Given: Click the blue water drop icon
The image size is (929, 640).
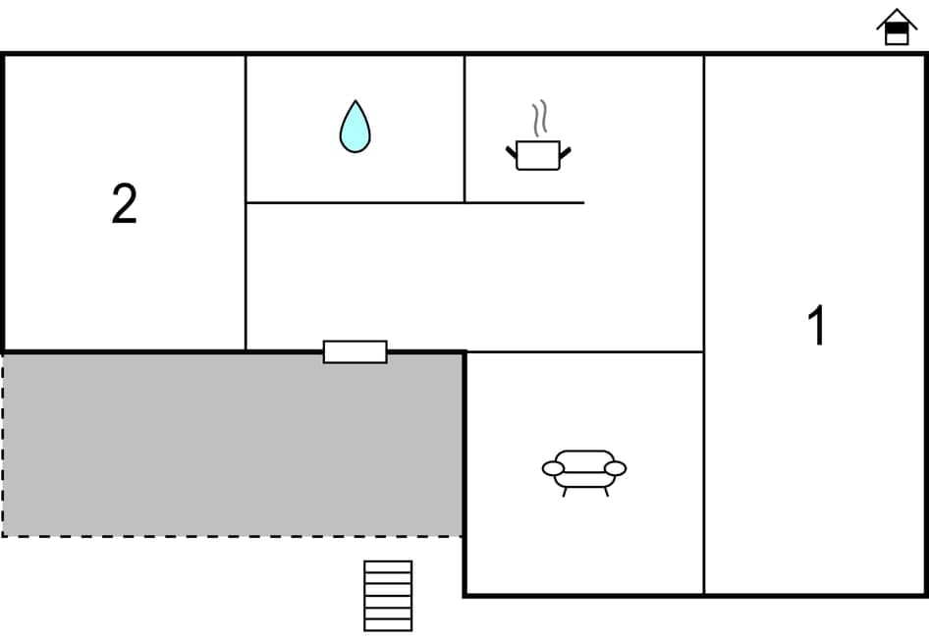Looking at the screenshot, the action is click(355, 129).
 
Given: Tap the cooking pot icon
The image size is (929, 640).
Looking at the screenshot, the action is click(538, 155).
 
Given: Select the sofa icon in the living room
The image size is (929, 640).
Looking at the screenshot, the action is click(584, 470).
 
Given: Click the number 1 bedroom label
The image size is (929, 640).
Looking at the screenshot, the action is click(816, 326).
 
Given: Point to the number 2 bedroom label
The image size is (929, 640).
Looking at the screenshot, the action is click(124, 205).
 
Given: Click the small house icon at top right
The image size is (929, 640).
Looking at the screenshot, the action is click(897, 27).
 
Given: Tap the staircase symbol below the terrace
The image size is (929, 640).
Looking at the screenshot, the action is click(388, 595).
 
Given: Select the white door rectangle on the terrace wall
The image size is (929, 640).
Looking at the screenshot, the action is click(355, 351).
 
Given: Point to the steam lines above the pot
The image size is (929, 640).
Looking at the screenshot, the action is click(538, 118).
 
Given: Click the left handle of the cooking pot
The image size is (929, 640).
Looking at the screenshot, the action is click(512, 150).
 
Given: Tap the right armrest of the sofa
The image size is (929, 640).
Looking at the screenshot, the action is click(616, 468).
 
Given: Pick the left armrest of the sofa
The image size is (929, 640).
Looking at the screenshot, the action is click(553, 468).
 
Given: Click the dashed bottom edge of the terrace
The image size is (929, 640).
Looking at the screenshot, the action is click(232, 536).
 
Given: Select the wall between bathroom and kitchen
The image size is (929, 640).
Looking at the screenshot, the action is click(464, 129).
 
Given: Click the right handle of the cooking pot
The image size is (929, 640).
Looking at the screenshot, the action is click(565, 150).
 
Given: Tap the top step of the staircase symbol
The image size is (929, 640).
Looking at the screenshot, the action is click(388, 566).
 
